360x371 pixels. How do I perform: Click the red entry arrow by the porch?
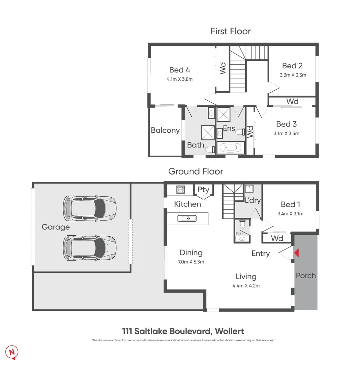297,253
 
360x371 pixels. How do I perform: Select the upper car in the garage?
90,208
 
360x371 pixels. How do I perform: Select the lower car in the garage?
90,248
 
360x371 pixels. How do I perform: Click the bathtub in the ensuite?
228,148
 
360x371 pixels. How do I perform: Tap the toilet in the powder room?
243,224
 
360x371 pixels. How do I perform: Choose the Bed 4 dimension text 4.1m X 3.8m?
179,79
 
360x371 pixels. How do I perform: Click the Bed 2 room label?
292,66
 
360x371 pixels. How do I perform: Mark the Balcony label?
165,131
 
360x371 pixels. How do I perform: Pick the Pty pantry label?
203,190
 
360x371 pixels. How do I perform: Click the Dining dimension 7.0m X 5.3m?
192,262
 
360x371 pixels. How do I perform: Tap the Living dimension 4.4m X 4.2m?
246,285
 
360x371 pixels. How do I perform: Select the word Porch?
306,276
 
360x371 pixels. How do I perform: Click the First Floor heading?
230,31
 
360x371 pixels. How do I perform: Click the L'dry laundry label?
252,200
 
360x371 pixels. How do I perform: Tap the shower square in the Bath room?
208,132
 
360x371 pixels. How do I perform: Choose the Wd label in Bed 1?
277,238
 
